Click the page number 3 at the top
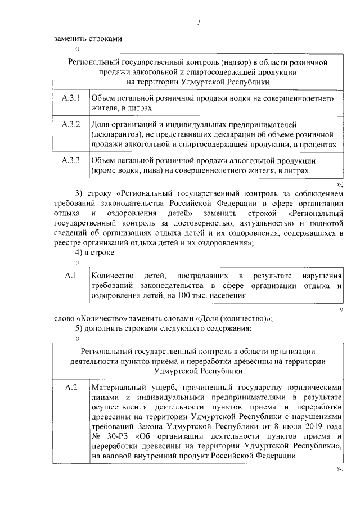(199, 22)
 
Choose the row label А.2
(71, 388)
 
